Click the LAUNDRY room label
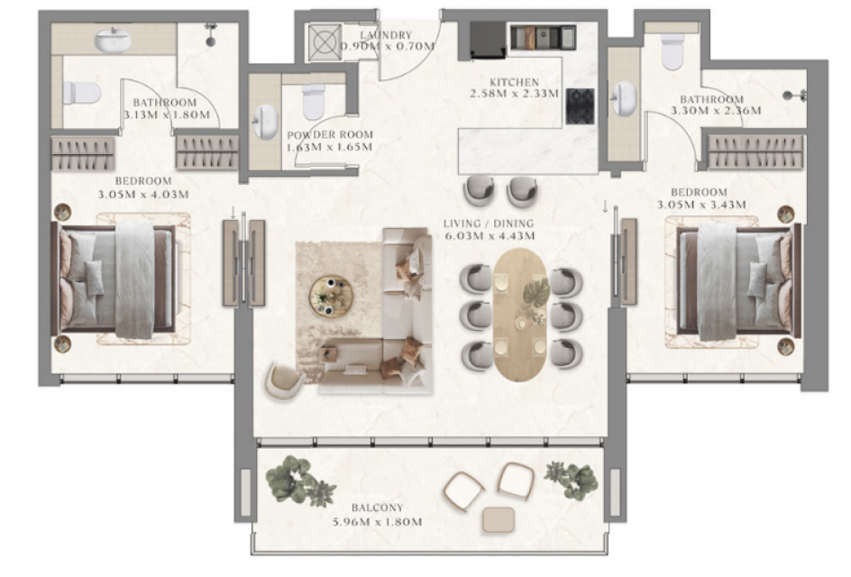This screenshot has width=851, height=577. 386,35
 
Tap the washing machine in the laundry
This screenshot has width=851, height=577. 325,41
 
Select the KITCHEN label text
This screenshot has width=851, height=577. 514,83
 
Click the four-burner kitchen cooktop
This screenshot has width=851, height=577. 581,105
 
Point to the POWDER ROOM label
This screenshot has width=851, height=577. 330,134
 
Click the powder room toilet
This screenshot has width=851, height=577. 313,102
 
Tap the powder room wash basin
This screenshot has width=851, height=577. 266,122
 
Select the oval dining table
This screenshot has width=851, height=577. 520,315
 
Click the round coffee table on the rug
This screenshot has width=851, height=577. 331,297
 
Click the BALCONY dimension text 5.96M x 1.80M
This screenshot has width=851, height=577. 377,522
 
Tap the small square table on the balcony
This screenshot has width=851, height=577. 499,520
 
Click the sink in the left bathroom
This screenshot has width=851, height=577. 113,40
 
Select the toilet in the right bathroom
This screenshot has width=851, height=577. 673,51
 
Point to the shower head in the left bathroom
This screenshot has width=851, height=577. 210,33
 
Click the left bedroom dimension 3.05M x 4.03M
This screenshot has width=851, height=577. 143,194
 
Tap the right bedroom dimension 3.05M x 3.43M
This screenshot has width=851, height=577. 701,205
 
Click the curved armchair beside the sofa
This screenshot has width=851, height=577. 285,380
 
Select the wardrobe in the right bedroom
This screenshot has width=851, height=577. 755,151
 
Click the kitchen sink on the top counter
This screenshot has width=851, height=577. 544,36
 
